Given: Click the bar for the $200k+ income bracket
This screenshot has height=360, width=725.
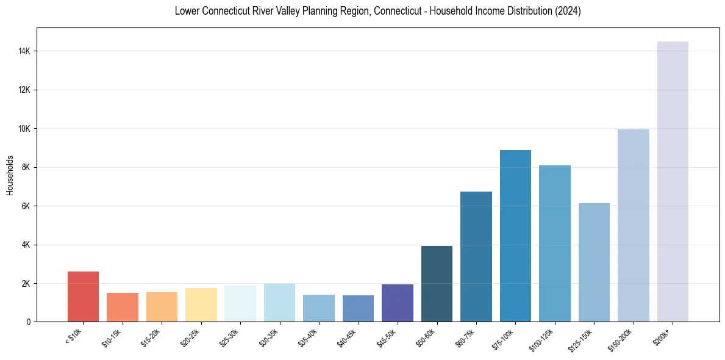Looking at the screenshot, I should [673, 182].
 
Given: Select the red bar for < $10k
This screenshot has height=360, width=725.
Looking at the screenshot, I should [83, 297].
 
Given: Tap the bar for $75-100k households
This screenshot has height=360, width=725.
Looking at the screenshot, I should [515, 236].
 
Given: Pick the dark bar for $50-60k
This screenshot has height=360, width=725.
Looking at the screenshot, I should [437, 284].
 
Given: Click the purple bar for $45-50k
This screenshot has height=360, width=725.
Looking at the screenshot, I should [398, 303].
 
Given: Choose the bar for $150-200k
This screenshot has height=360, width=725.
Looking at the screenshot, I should [634, 226].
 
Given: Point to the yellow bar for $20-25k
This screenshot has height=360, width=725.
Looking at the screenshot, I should [201, 304].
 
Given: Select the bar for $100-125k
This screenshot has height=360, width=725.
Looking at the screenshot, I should [555, 243].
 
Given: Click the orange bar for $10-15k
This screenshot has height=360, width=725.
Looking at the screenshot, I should [123, 307].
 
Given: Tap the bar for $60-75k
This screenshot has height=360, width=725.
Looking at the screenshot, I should [476, 257].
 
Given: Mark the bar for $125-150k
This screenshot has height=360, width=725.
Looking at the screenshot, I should [594, 262].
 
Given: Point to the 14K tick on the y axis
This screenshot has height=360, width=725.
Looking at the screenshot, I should [24, 51].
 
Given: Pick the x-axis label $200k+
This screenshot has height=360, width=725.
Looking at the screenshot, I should [663, 335].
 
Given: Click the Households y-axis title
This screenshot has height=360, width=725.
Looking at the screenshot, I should [10, 175].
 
